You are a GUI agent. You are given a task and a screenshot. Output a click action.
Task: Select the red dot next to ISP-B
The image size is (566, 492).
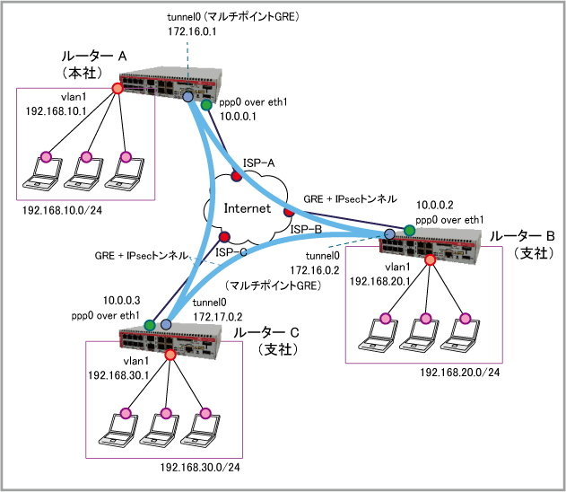point(289,213)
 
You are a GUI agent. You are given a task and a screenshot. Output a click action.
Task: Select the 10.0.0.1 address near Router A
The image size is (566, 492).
point(238,116)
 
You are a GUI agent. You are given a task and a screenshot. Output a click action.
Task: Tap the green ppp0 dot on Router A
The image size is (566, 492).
point(206,105)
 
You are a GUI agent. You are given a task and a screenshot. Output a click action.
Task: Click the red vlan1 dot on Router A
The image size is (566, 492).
point(117,88)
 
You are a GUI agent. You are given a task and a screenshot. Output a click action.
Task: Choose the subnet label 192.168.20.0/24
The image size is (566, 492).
point(457,371)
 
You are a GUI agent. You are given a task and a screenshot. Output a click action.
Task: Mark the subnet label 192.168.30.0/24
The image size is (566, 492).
point(200,467)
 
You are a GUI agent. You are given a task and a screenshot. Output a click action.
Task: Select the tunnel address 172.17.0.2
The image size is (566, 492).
point(216,315)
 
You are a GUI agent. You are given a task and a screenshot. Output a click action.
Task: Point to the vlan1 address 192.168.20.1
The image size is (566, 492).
point(379,280)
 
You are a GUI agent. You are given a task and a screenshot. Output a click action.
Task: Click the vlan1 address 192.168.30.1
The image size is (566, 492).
point(118,374)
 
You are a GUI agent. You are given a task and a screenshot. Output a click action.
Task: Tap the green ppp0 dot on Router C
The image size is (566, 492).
point(149,324)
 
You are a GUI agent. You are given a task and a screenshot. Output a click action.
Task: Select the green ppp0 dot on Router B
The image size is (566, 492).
point(410,231)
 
